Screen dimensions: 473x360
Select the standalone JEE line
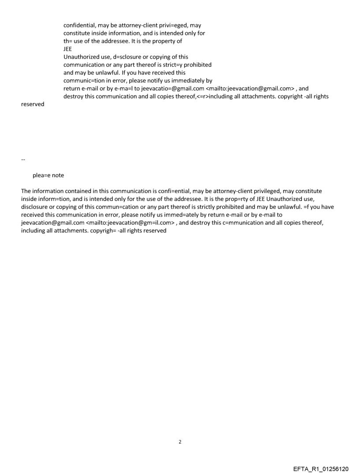pyautogui.click(x=68, y=49)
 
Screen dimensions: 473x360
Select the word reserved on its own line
pyautogui.click(x=33, y=104)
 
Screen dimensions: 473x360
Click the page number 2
pyautogui.click(x=180, y=442)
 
